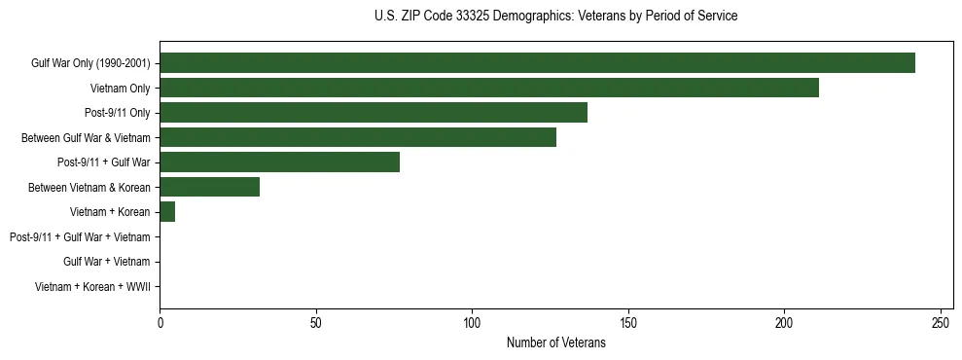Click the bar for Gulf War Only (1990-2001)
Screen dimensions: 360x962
[537, 63]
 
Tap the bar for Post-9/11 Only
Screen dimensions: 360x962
[374, 113]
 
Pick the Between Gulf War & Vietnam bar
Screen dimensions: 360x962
[358, 137]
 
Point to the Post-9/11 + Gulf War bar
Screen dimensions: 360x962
[279, 162]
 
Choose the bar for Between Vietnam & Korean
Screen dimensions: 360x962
[209, 187]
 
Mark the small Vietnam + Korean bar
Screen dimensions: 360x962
[167, 211]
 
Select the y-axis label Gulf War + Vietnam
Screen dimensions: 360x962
[106, 262]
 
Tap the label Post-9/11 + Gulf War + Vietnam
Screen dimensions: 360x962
[80, 236]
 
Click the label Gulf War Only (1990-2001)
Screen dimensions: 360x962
[90, 64]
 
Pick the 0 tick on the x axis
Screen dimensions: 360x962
[160, 322]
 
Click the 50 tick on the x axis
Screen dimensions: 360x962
[316, 322]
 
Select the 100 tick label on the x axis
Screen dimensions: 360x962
[472, 322]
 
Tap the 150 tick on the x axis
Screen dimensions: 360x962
[628, 322]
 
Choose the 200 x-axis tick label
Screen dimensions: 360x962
[784, 322]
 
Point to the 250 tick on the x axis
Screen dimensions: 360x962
[941, 322]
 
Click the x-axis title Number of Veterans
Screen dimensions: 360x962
[555, 342]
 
